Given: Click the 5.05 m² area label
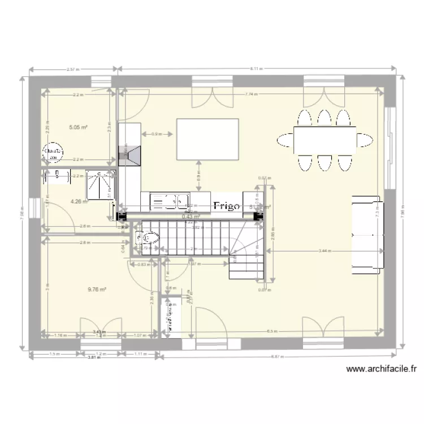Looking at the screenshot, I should pyautogui.click(x=78, y=127).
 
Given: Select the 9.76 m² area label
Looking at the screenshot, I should pyautogui.click(x=97, y=289).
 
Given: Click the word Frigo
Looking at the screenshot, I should pyautogui.click(x=227, y=207).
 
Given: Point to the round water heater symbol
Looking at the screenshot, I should pyautogui.click(x=53, y=153).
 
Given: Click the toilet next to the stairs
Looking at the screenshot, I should pyautogui.click(x=148, y=239).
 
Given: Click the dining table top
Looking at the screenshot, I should pyautogui.click(x=324, y=140).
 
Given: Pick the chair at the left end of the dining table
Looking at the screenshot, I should pyautogui.click(x=284, y=140).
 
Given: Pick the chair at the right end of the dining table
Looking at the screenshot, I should pyautogui.click(x=365, y=140).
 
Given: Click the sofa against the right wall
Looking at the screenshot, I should pyautogui.click(x=367, y=233).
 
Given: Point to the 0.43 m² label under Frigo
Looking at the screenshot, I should pyautogui.click(x=192, y=216).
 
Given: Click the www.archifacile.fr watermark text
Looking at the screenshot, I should pyautogui.click(x=381, y=369).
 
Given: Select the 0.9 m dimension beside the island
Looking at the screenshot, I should pyautogui.click(x=157, y=134).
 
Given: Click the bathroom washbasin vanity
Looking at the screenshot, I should pyautogui.click(x=60, y=177).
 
